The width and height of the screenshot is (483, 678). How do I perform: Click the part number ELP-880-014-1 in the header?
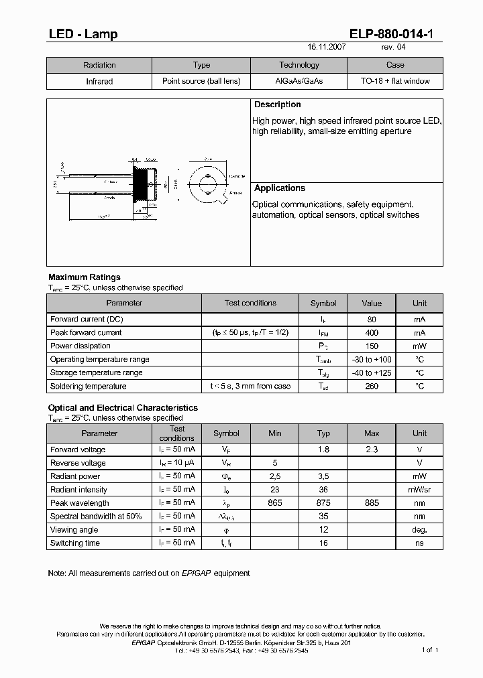(x=395, y=34)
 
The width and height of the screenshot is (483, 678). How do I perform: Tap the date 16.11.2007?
(x=327, y=48)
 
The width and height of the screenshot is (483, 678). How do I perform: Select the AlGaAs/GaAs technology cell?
(x=299, y=81)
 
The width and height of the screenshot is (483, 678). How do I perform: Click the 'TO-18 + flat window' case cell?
(x=395, y=81)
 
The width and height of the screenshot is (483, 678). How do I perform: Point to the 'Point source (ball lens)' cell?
(x=201, y=81)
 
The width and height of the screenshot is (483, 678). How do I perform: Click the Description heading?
(x=277, y=105)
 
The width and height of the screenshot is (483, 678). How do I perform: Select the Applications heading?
(x=279, y=188)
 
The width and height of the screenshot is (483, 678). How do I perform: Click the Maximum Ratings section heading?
(x=85, y=277)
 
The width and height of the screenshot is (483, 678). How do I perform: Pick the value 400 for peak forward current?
(x=372, y=333)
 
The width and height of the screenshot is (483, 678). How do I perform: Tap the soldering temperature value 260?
(x=372, y=387)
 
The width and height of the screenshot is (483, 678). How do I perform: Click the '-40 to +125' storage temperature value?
(x=372, y=373)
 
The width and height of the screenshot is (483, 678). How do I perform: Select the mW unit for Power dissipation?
(x=419, y=346)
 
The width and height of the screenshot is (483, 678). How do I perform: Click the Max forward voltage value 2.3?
(x=372, y=450)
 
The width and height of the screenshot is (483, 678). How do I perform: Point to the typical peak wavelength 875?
(x=323, y=503)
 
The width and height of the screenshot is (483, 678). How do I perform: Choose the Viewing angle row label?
(x=74, y=530)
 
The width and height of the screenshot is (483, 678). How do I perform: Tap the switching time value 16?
(x=323, y=543)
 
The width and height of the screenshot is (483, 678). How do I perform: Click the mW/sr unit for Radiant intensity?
(x=419, y=490)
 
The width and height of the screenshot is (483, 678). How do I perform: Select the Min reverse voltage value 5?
(x=275, y=463)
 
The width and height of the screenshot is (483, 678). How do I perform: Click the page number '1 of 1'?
(x=429, y=650)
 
